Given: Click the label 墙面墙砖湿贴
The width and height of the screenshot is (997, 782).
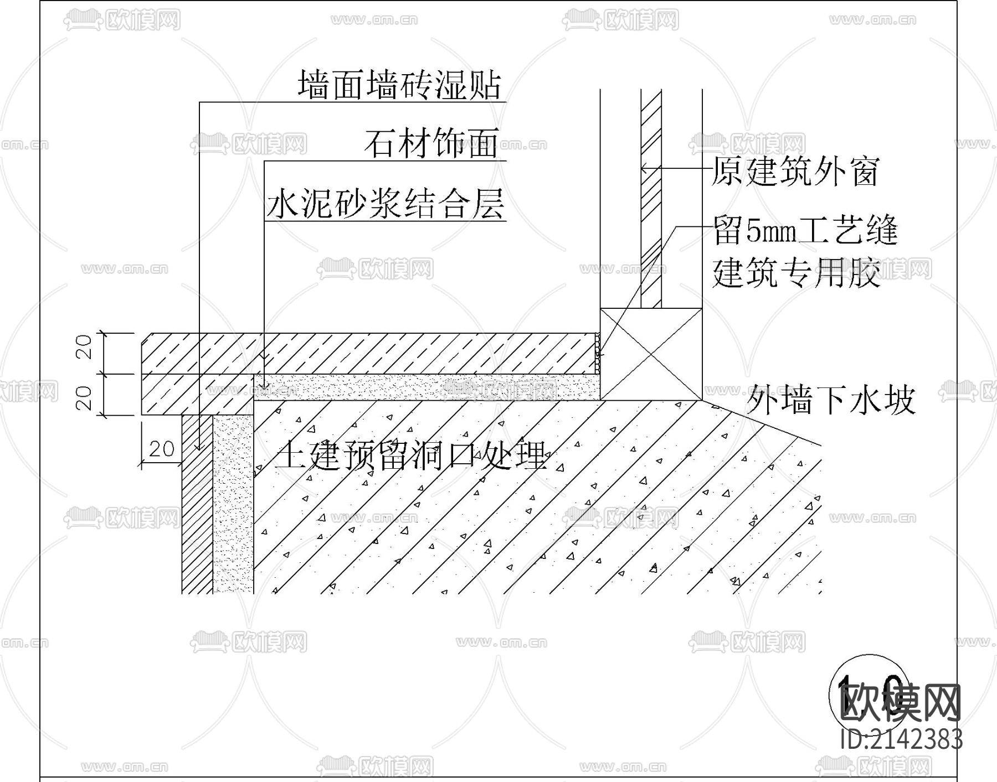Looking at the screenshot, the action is tap(399, 86).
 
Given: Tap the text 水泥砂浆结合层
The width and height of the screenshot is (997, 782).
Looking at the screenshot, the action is tap(386, 204).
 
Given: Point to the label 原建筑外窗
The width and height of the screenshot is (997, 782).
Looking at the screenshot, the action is tap(795, 172).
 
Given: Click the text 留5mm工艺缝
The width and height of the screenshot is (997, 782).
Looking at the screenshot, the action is tap(805, 231).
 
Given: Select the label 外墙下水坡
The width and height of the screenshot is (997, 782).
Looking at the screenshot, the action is tap(831, 400).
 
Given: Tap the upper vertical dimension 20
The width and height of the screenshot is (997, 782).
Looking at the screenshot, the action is tap(85, 348).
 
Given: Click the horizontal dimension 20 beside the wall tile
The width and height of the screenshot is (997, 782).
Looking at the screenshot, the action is tap(162, 448).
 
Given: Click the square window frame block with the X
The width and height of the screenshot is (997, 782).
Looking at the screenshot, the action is tap(651, 354).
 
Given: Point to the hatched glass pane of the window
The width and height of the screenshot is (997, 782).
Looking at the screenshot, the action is tap(651, 221).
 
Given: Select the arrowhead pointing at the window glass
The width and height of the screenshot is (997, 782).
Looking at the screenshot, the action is tap(645, 168).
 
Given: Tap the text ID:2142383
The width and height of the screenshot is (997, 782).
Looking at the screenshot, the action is tap(901, 739).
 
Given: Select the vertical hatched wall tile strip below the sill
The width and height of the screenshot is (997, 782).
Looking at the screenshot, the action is tap(197, 504).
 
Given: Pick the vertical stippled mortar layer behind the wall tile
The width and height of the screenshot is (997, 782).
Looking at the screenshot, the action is tap(233, 504).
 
